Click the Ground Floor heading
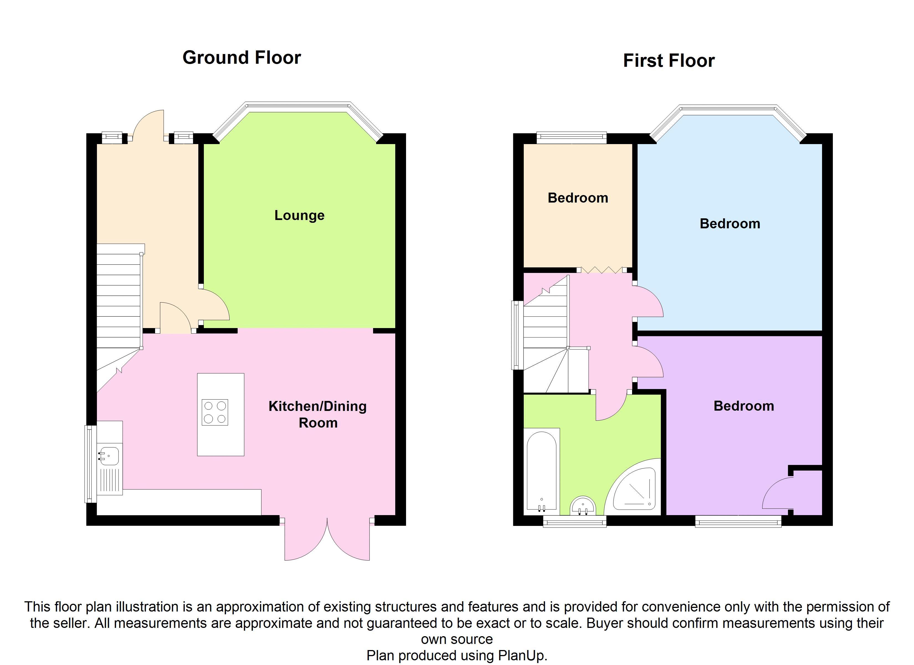coord(242,58)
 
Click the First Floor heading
coord(669,61)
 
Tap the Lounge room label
coord(299,215)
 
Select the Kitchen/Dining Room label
coord(318,414)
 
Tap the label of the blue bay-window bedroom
coord(730,224)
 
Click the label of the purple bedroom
coord(744,406)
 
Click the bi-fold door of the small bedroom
coord(601,270)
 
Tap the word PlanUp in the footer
coord(522,655)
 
